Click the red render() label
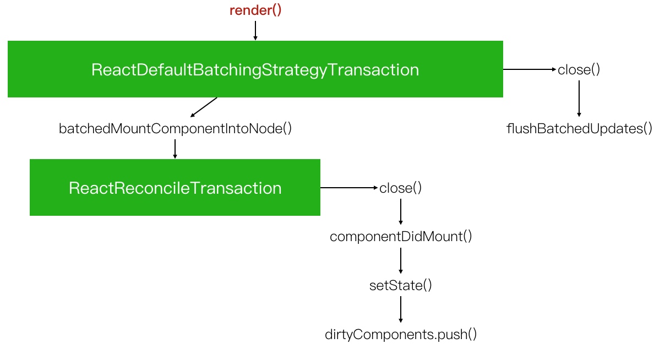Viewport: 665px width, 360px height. [x=255, y=10]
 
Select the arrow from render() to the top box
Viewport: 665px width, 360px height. [x=255, y=30]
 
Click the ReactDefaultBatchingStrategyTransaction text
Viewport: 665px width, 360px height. [x=255, y=70]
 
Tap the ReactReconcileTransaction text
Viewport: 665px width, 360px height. [x=175, y=188]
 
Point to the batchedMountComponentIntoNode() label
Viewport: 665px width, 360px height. [x=175, y=129]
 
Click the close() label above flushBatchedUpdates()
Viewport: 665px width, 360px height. [x=579, y=70]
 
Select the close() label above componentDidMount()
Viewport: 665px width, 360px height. [x=400, y=188]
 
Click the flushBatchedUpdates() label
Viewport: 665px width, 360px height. [x=579, y=129]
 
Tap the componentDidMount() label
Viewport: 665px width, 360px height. [x=401, y=237]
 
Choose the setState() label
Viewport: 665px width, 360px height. [x=400, y=286]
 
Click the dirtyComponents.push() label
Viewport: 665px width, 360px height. [x=401, y=335]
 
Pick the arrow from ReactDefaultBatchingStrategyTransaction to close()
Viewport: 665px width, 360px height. [x=530, y=69]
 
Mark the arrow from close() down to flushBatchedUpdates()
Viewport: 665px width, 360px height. [x=579, y=99]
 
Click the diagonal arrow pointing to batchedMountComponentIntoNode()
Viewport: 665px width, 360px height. [x=204, y=107]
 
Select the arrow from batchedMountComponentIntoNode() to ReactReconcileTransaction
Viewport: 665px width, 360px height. [x=175, y=149]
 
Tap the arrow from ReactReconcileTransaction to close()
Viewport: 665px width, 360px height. [x=349, y=188]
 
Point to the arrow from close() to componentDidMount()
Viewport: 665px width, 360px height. [x=400, y=211]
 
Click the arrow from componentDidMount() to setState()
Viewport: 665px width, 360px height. [x=400, y=260]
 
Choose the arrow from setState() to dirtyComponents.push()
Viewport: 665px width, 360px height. [x=400, y=309]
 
